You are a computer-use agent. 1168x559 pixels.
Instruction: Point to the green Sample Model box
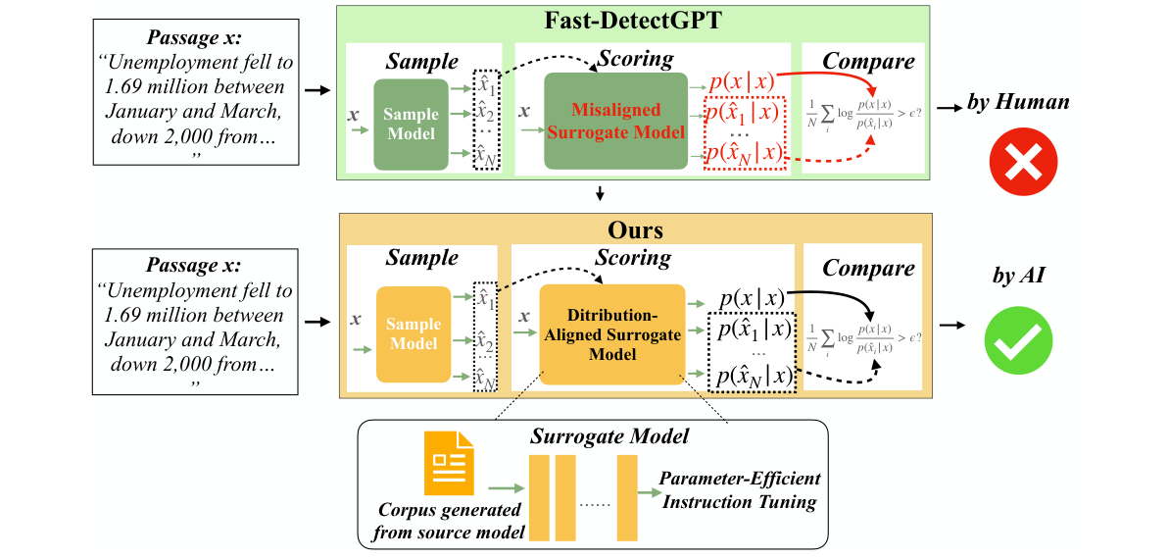click(x=410, y=125)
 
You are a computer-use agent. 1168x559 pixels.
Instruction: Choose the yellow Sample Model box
click(x=414, y=333)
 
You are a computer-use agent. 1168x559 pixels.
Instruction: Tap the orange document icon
click(x=449, y=463)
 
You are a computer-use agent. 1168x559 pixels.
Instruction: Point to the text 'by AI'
click(x=1019, y=277)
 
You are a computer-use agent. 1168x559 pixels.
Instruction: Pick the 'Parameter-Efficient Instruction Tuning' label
click(x=740, y=490)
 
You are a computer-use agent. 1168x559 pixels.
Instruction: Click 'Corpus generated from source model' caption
click(x=452, y=522)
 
